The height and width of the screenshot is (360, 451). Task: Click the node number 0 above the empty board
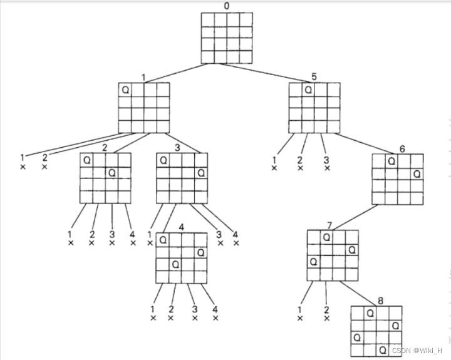(227, 6)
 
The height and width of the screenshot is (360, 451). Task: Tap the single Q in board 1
(125, 90)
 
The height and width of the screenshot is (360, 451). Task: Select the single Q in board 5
(308, 90)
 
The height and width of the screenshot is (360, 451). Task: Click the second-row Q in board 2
(111, 173)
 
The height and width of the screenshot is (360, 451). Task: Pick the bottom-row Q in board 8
(382, 349)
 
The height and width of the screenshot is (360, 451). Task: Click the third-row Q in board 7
(313, 261)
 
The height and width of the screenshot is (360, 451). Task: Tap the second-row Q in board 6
(417, 173)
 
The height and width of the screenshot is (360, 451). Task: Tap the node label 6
(402, 148)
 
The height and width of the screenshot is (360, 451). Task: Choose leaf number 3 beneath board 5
(326, 160)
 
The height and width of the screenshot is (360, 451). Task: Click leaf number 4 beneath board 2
(132, 234)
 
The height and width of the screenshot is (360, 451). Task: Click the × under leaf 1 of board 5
(274, 168)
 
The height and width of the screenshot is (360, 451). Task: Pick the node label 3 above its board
(178, 148)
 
